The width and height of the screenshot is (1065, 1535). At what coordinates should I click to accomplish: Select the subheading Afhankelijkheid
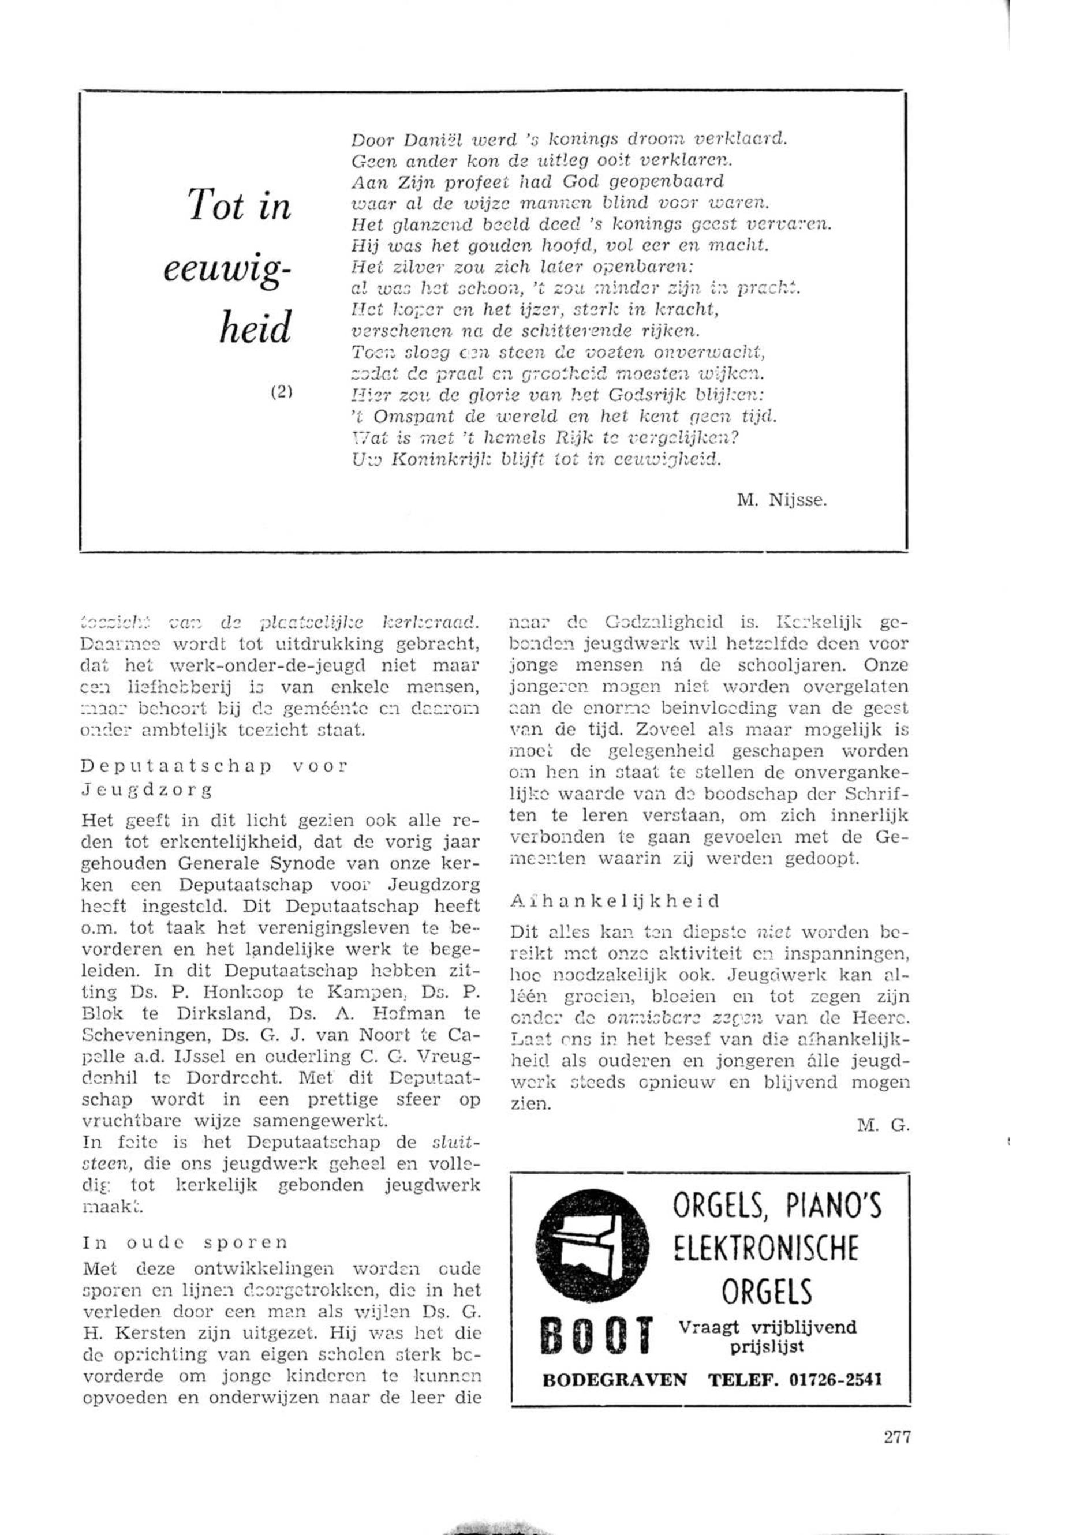point(614,900)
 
